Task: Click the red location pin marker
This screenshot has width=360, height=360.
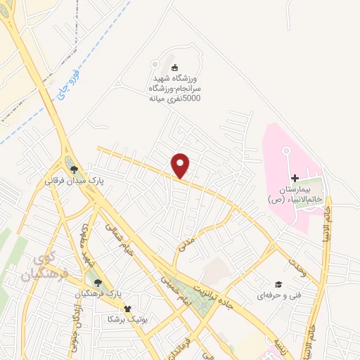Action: point(181,165)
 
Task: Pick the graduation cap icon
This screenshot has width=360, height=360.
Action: point(278,284)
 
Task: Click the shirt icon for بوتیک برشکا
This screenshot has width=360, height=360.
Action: point(127,308)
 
